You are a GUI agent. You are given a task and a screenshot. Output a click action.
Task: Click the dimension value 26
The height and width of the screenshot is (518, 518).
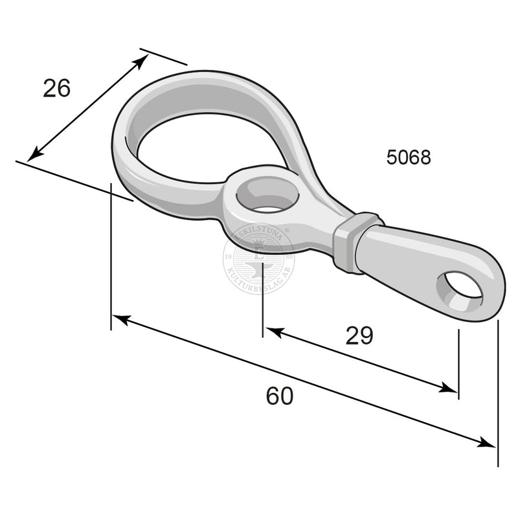click(56, 88)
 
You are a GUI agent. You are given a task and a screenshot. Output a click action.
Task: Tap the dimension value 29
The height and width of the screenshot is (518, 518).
click(359, 335)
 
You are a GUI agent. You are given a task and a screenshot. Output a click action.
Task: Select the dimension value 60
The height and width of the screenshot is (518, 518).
click(279, 396)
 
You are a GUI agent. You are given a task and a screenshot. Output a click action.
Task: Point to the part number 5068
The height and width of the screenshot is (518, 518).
click(409, 157)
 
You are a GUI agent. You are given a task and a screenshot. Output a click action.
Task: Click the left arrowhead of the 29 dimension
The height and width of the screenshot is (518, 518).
click(273, 332)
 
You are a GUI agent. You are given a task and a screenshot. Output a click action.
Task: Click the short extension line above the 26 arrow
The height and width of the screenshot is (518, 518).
click(163, 56)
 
